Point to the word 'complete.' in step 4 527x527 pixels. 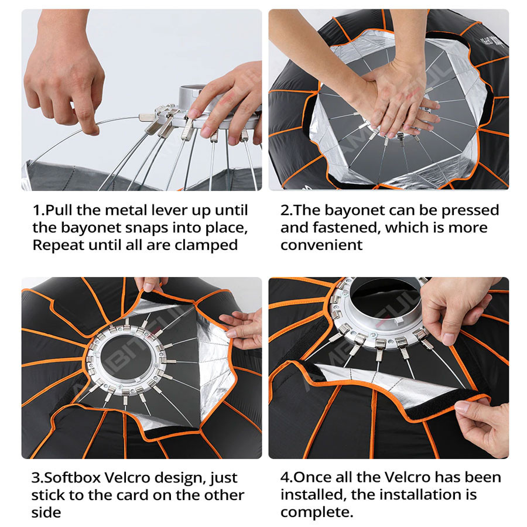pyautogui.click(x=317, y=512)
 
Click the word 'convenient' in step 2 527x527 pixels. pyautogui.click(x=321, y=245)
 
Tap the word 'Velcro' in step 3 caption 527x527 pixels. pyautogui.click(x=126, y=478)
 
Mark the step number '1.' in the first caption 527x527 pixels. pyautogui.click(x=39, y=210)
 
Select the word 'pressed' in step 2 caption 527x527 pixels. pyautogui.click(x=470, y=211)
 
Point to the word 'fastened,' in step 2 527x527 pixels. pyautogui.click(x=347, y=228)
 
